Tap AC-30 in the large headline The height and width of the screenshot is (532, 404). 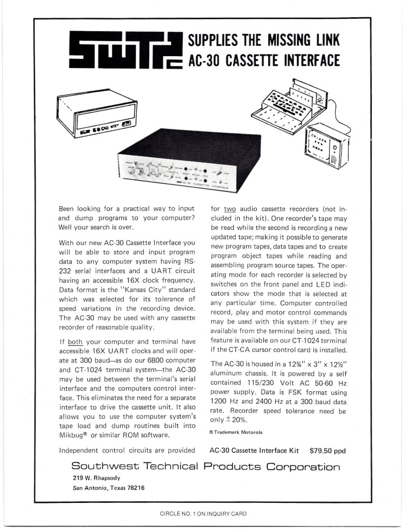pyautogui.click(x=204, y=60)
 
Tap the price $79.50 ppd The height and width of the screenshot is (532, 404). pyautogui.click(x=328, y=450)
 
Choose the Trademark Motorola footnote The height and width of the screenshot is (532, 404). pyautogui.click(x=235, y=432)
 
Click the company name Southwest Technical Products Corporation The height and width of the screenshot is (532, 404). pyautogui.click(x=206, y=467)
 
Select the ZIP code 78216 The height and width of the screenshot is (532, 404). pyautogui.click(x=134, y=488)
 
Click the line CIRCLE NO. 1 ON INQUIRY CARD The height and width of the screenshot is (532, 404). pyautogui.click(x=203, y=514)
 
